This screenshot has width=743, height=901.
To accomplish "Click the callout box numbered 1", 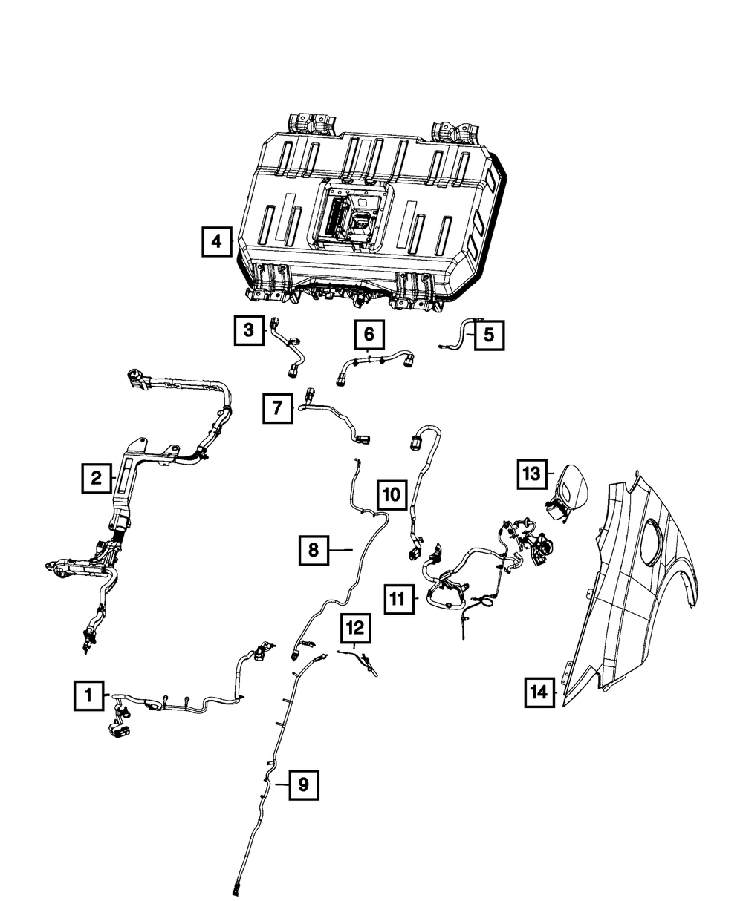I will pos(88,696).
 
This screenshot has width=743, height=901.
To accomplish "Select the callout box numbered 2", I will pos(97,479).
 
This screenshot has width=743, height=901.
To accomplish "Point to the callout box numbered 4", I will pos(216,241).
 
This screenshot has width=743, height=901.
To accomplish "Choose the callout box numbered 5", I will pos(488,335).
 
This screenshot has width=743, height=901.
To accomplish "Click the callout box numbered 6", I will pos(369,335).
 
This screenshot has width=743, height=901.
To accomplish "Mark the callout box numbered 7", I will pos(276,407).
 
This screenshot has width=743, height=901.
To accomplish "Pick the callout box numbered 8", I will pos(314,550).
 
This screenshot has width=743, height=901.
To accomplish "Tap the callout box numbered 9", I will pos(304,784).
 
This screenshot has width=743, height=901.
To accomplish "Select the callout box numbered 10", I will pos(392,494).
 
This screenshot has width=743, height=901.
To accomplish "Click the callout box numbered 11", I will pos(399,598).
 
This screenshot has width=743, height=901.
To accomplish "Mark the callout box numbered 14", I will pos(539,692).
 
